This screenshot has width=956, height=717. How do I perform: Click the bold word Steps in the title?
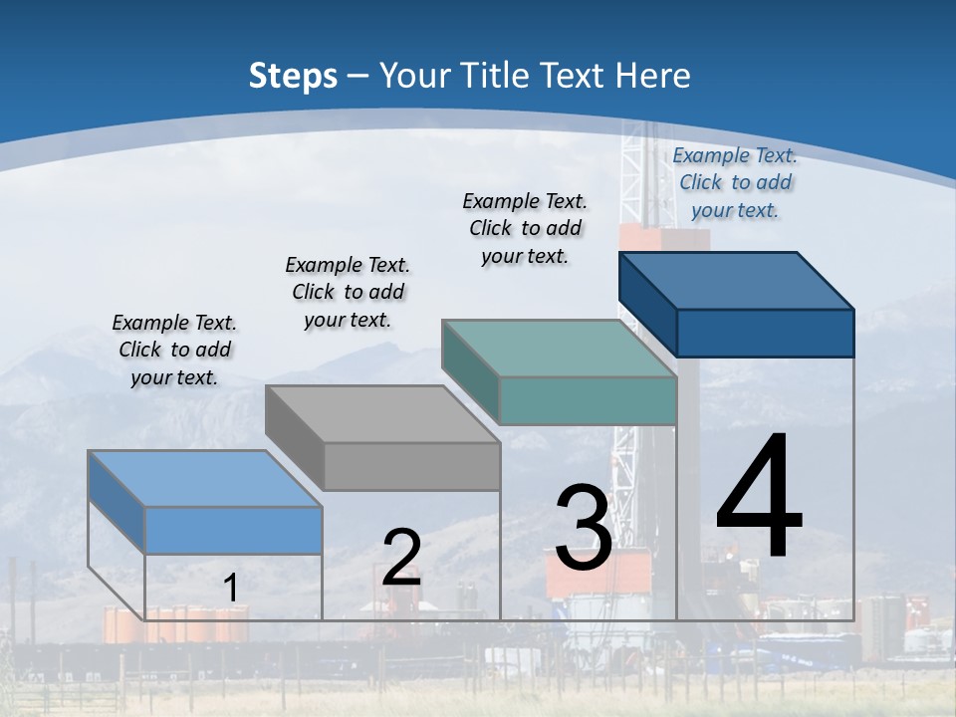point(293,77)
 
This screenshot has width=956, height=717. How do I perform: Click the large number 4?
point(759,494)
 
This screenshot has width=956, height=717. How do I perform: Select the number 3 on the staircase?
point(584,527)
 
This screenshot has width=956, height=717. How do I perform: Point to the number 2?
point(401,557)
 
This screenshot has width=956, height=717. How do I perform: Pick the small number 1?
point(230,588)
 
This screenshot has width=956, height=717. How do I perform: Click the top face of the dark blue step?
point(737,281)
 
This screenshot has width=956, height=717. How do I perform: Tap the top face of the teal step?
point(560,349)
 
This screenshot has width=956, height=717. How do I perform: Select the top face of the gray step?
point(382,414)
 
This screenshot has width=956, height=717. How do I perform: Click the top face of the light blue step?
point(205,479)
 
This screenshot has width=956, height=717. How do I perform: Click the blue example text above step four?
point(735,183)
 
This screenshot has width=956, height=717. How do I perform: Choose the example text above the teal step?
point(525,229)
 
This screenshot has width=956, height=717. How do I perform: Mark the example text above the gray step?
point(349,292)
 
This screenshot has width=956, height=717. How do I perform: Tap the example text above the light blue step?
point(174,350)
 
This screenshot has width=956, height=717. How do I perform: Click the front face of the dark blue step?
point(766,333)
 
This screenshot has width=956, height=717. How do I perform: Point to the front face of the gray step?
point(412,466)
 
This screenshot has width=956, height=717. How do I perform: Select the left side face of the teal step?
point(471,371)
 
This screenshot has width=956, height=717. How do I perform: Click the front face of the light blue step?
point(233,531)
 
